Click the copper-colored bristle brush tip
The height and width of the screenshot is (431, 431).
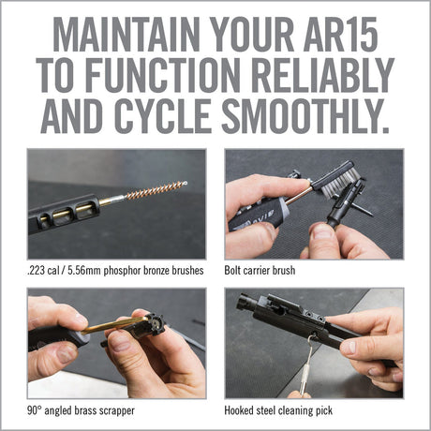pyautogui.click(x=156, y=191)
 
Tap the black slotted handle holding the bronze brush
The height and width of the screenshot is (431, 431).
pyautogui.click(x=66, y=212)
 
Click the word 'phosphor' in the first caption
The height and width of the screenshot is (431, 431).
pyautogui.click(x=116, y=273)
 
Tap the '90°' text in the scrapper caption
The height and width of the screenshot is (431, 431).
pyautogui.click(x=37, y=409)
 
